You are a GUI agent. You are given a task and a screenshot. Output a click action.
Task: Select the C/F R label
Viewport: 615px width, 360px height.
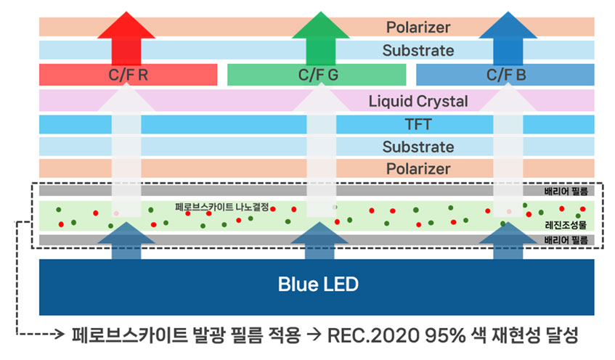128,74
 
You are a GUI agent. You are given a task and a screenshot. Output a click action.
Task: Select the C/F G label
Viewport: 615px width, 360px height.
317,74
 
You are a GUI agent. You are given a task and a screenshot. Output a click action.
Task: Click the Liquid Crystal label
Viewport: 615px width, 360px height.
418,101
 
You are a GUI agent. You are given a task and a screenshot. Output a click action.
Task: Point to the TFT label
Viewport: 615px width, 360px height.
418,124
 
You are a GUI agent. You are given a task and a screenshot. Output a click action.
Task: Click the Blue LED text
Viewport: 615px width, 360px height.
318,284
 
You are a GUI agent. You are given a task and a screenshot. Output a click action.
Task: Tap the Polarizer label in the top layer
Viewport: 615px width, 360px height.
418,28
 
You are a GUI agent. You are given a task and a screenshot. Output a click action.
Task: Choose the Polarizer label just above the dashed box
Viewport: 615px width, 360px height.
418,169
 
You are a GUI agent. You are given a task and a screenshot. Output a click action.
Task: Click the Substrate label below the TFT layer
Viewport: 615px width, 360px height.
418,147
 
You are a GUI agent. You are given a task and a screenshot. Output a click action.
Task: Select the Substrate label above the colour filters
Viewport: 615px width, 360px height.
418,51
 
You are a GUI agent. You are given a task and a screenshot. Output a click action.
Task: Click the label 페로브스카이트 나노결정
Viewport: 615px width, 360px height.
222,207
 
